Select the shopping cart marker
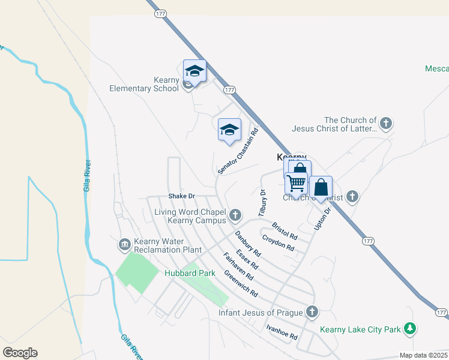[296, 183]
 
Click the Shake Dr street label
[182, 196]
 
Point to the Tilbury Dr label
[262, 203]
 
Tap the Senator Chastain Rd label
[238, 151]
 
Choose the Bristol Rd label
[285, 231]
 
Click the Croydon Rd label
[278, 243]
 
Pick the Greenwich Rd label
[240, 284]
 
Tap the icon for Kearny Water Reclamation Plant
[125, 244]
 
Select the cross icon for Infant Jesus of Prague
[311, 311]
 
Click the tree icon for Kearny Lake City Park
[410, 328]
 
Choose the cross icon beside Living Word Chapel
[236, 214]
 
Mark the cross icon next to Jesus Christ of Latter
[386, 124]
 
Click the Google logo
[20, 353]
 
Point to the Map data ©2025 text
[423, 355]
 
